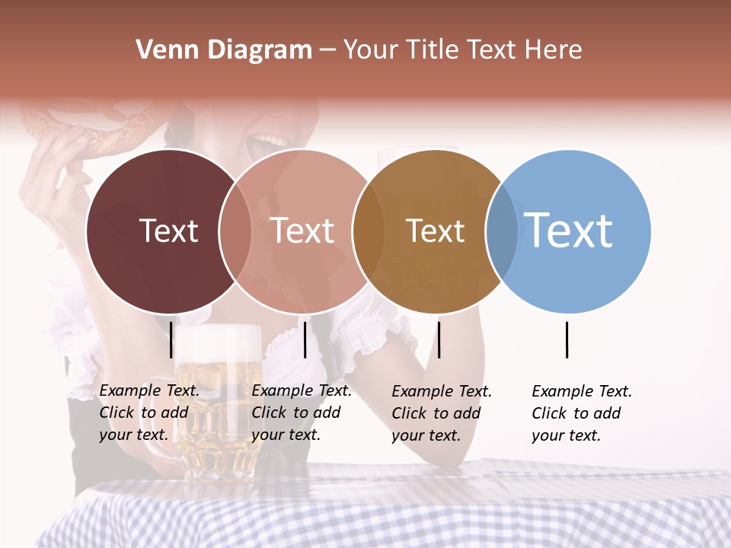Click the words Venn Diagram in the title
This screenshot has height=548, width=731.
pyautogui.click(x=224, y=50)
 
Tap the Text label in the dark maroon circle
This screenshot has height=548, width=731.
pyautogui.click(x=168, y=231)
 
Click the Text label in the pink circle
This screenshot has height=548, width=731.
pyautogui.click(x=302, y=231)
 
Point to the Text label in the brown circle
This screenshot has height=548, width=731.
pyautogui.click(x=435, y=231)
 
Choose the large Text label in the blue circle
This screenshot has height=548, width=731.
pyautogui.click(x=569, y=230)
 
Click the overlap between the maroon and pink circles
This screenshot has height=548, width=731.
pyautogui.click(x=235, y=231)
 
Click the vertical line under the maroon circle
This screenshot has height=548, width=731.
pyautogui.click(x=171, y=339)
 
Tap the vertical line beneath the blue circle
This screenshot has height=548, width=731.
pyautogui.click(x=567, y=339)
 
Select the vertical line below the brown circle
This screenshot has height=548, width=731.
pyautogui.click(x=439, y=339)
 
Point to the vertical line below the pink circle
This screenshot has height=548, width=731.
pyautogui.click(x=305, y=339)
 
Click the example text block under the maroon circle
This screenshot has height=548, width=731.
pyautogui.click(x=149, y=413)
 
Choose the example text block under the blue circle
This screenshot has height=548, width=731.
pyautogui.click(x=582, y=413)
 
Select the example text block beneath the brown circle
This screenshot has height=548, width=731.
pyautogui.click(x=442, y=413)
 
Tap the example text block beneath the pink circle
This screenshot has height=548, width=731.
pyautogui.click(x=302, y=413)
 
